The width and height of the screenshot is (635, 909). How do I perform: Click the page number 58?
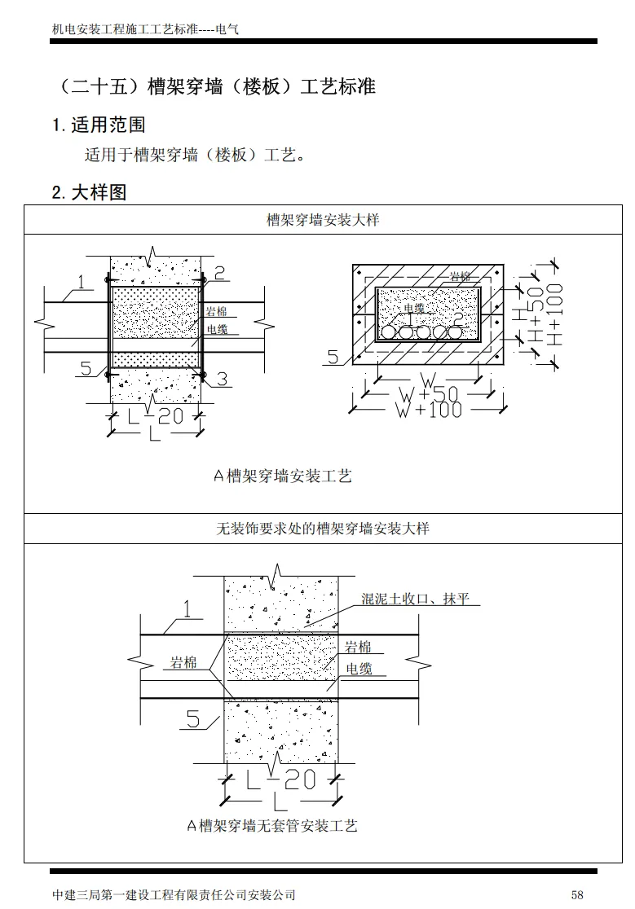(x=577, y=894)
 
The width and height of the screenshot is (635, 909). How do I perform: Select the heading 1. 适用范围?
(x=99, y=125)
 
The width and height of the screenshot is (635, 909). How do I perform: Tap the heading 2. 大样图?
(x=89, y=193)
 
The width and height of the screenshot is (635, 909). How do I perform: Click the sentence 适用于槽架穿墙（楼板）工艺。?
(x=195, y=155)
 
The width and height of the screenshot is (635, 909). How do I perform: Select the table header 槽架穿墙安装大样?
(x=323, y=220)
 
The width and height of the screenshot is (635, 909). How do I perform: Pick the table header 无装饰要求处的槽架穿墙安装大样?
(x=323, y=529)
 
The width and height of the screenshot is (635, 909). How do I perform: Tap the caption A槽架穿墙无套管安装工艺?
(x=272, y=826)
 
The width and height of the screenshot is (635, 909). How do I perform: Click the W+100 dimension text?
(x=428, y=409)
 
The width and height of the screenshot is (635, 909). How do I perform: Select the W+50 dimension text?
(x=428, y=394)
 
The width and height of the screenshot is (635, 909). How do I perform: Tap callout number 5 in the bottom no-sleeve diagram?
(x=193, y=718)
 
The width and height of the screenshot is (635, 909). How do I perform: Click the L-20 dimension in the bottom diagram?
(x=280, y=780)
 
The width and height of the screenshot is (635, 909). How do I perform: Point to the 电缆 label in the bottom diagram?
(x=359, y=669)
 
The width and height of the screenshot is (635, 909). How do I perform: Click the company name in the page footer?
(x=173, y=894)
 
